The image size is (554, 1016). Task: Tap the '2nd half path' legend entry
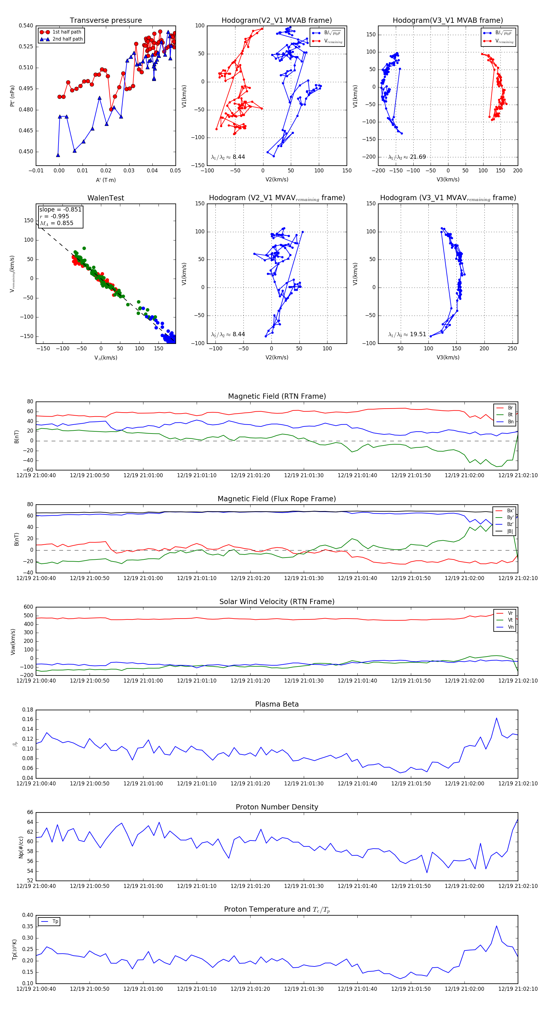tap(67, 39)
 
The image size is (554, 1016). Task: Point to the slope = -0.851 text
tap(60, 209)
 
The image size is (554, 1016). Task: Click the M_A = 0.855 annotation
tap(56, 223)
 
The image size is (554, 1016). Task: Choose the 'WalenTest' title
tap(106, 198)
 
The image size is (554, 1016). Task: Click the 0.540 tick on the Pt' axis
tap(26, 26)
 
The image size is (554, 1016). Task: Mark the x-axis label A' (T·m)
tap(106, 180)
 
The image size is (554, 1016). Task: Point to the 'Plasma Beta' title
tap(277, 704)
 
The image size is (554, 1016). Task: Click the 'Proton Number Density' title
tap(277, 807)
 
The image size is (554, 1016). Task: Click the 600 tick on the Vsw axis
tap(28, 607)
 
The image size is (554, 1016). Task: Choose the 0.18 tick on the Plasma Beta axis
tap(28, 710)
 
